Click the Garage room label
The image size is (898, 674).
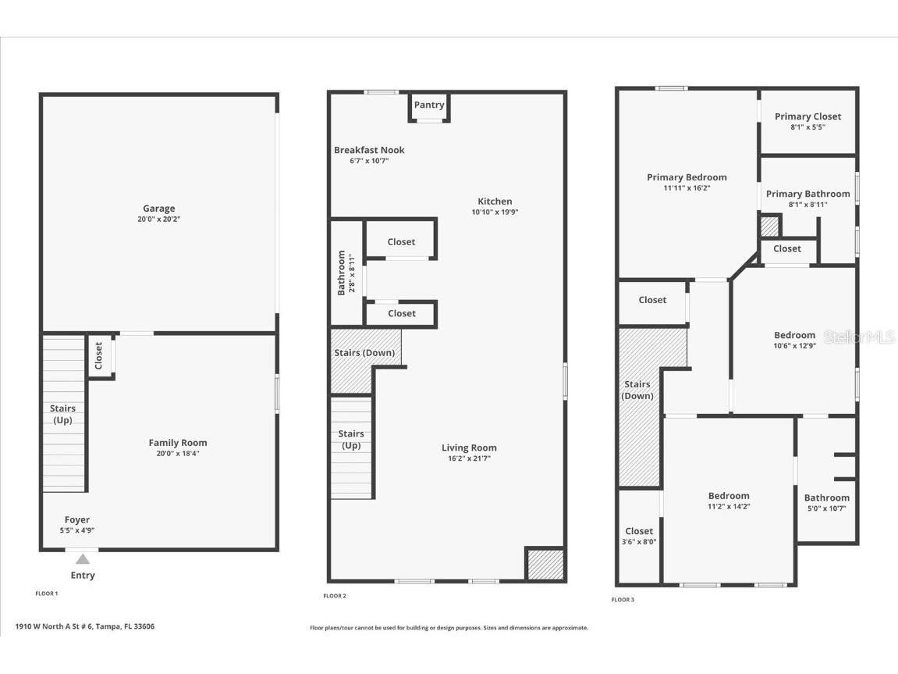coord(159,209)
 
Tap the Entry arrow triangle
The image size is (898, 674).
coord(83,559)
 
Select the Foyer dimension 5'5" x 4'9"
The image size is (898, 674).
coord(76,530)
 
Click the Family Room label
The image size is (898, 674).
coord(178,443)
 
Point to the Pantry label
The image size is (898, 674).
coord(429,105)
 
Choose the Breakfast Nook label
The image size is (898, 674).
coord(369,150)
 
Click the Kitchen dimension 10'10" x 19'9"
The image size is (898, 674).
coord(495,212)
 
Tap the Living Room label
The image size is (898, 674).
coord(469,448)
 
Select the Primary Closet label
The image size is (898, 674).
coord(807,116)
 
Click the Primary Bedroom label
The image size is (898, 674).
coord(687,177)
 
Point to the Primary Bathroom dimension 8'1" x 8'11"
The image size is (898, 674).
coord(807,205)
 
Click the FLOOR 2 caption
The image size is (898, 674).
coord(335,596)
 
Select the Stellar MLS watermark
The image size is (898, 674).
coord(860,337)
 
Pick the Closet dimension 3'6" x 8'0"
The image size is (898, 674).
coord(639,541)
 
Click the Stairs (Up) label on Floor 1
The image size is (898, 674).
coord(62,414)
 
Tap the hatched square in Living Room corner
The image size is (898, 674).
coord(545,565)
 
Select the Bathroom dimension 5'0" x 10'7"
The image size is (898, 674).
coord(826,508)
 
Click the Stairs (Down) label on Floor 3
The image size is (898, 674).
coord(637,390)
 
